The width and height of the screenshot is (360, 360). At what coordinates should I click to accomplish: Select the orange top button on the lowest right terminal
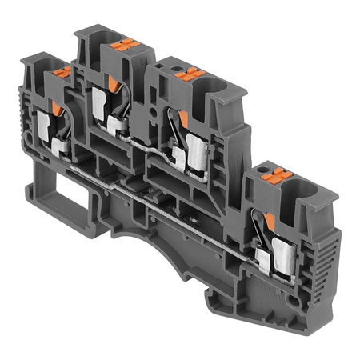pos(265,173)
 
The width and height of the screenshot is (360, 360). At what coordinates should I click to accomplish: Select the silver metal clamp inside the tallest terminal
pos(100,101)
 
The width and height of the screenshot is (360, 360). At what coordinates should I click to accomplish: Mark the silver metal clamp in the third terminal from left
pos(194,149)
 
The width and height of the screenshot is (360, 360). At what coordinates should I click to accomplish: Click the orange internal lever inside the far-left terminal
pos(56,107)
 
